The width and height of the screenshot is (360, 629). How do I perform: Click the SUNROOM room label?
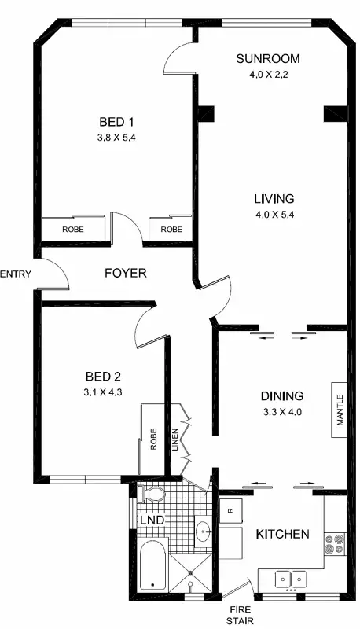coord(268,59)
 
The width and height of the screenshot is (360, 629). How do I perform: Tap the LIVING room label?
coord(274,198)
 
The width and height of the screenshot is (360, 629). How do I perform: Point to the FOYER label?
coord(126,274)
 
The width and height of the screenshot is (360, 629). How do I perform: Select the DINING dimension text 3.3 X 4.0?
coord(281,410)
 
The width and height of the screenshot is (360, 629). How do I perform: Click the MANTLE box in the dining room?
coord(340,410)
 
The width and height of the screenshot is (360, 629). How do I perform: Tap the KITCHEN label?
coord(282,535)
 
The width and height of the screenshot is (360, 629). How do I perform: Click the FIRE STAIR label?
coord(240,614)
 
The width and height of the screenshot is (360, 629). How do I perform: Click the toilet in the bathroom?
coord(150,495)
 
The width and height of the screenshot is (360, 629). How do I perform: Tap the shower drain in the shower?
coord(191,585)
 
